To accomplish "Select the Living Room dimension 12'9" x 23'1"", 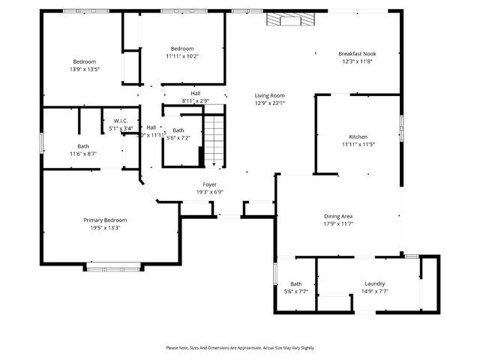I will point(269,103).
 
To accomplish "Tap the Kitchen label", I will point(358,136).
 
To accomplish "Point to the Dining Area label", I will point(337,216).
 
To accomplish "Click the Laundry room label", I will point(374,283).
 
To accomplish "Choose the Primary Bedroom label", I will point(105,220).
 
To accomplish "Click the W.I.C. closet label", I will point(121,121).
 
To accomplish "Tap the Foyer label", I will point(210,184).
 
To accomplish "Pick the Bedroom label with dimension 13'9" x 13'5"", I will point(84,61).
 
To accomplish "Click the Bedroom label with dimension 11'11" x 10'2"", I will point(181,49).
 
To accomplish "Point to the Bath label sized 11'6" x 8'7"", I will point(84,146).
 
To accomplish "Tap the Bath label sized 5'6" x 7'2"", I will point(178,130).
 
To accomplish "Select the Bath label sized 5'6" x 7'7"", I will point(296,283).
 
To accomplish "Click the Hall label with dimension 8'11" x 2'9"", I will point(195,94).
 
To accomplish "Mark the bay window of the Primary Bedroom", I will point(113,266).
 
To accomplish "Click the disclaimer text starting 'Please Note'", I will point(240,348).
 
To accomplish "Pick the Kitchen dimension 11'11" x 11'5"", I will point(358,144).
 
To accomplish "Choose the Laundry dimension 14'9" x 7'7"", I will point(374,291).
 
